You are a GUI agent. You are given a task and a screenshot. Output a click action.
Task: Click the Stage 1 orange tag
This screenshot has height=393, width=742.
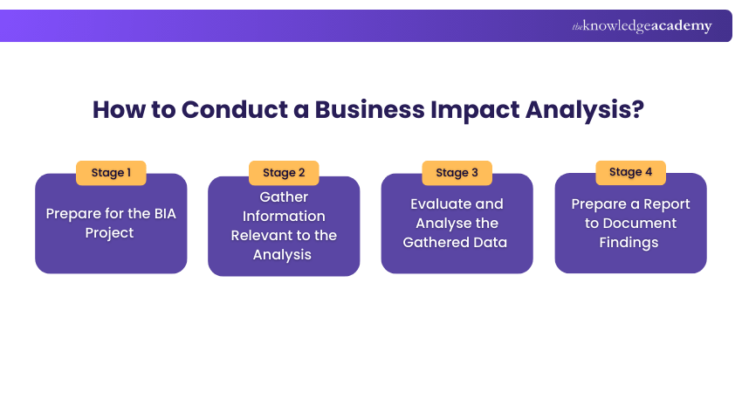click(111, 173)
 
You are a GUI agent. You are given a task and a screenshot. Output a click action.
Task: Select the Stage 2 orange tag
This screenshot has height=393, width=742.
click(284, 173)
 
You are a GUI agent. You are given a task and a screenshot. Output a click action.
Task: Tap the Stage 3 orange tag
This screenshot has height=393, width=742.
click(457, 173)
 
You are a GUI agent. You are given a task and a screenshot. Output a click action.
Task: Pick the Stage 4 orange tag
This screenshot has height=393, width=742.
click(630, 172)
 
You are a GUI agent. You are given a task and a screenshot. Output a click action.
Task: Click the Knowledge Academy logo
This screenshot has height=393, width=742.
click(642, 26)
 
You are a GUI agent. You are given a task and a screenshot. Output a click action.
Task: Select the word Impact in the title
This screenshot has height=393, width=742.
click(474, 110)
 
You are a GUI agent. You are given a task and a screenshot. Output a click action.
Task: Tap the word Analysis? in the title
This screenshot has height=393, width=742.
click(588, 110)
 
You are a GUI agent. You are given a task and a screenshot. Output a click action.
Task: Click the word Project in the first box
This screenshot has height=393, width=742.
click(111, 233)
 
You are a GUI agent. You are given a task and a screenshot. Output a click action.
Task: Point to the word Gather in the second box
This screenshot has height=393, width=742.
click(284, 196)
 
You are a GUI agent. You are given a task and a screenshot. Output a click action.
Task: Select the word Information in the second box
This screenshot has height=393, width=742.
click(284, 216)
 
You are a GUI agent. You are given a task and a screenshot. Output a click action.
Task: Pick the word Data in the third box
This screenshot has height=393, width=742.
click(489, 242)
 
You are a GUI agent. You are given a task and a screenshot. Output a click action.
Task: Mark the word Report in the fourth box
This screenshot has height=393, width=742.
click(662, 203)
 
